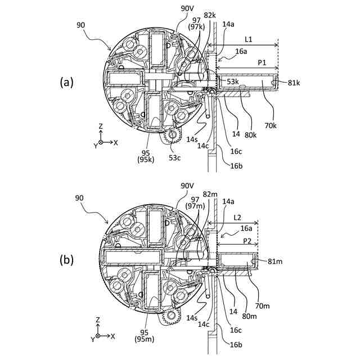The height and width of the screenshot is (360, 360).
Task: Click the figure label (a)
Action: click(66, 82)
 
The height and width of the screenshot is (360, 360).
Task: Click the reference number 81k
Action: click(294, 83)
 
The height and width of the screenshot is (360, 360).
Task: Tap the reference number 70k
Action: click(271, 125)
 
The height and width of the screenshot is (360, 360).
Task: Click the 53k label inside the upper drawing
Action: click(233, 83)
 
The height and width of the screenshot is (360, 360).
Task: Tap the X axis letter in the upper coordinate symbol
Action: click(116, 143)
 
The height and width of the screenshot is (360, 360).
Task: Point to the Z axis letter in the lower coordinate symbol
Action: click(98, 319)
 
